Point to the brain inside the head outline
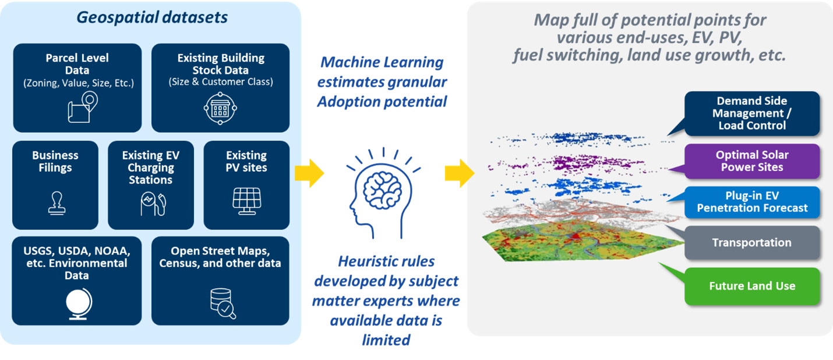click(x=384, y=184)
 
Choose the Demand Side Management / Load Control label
click(x=751, y=113)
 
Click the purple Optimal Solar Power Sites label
click(x=751, y=161)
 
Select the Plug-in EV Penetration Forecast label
click(x=751, y=202)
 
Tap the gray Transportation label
click(x=751, y=243)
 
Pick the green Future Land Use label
click(x=751, y=286)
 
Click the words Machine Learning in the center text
click(x=382, y=62)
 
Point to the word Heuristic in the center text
click(x=358, y=262)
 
